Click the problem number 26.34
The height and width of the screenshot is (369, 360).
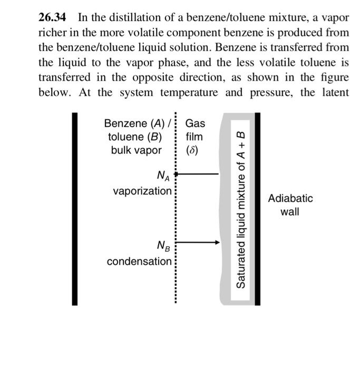[x=53, y=17]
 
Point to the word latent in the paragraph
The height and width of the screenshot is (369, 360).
[x=333, y=93]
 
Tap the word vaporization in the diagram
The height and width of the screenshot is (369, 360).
[x=142, y=190]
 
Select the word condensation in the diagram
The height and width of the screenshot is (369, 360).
[x=139, y=261]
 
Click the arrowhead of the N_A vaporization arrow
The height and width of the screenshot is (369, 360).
[x=178, y=173]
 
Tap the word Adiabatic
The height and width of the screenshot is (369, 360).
[x=290, y=199]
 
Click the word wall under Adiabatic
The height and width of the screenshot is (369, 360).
[x=290, y=212]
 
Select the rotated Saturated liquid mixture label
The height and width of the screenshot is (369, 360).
[x=240, y=208]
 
